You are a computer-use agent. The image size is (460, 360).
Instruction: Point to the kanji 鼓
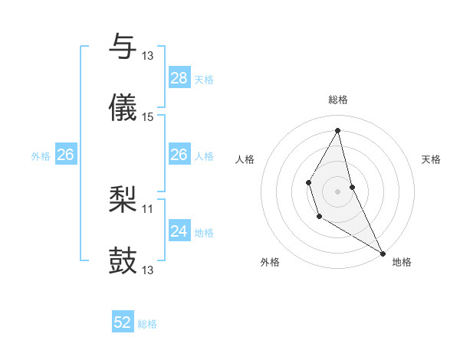click(123, 261)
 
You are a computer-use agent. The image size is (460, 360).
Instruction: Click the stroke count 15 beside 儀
click(148, 117)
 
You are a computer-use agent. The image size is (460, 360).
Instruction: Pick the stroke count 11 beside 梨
click(148, 208)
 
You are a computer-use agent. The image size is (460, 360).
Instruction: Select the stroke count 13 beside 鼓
click(148, 270)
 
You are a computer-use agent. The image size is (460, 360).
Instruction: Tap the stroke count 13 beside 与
click(148, 55)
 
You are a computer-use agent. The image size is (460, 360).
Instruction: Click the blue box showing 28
click(179, 78)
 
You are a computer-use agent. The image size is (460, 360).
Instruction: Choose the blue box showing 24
click(179, 231)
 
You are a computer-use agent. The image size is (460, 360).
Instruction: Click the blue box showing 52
click(123, 323)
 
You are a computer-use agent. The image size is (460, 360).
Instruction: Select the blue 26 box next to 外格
click(66, 155)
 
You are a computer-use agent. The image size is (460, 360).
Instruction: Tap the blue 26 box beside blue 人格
click(179, 155)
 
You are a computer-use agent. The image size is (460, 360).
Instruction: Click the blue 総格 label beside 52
click(147, 324)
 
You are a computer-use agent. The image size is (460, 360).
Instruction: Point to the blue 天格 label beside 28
click(204, 79)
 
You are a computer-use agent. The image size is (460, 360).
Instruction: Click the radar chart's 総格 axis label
click(338, 100)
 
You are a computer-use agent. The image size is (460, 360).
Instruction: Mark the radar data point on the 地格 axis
click(383, 253)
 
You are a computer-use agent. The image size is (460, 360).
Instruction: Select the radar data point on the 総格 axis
click(338, 129)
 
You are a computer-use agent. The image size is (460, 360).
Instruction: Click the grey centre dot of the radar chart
click(338, 190)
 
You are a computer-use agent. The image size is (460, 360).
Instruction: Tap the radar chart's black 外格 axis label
click(270, 262)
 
